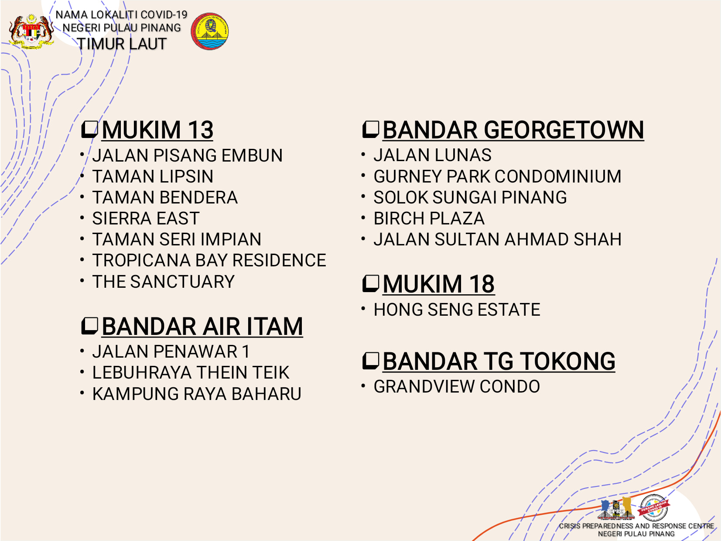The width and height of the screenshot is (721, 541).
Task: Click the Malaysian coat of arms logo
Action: (x=31, y=31)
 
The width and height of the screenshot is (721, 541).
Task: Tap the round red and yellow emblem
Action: (x=209, y=31)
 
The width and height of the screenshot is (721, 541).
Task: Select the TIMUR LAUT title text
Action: (x=122, y=44)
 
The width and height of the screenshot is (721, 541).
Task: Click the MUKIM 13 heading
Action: (x=157, y=130)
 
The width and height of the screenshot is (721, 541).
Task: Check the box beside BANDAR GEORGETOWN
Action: (x=370, y=130)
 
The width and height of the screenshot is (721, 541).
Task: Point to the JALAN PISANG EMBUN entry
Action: (x=187, y=155)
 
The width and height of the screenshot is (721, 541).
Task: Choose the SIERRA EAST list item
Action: (x=146, y=218)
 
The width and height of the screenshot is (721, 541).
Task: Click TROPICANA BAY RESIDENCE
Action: (x=209, y=260)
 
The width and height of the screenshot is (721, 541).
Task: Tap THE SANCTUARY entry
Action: (x=164, y=282)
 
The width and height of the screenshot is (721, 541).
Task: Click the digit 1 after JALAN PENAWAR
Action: (x=246, y=351)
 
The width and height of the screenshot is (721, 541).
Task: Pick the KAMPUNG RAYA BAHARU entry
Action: (x=197, y=394)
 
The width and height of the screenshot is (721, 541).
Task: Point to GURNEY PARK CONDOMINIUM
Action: (x=497, y=176)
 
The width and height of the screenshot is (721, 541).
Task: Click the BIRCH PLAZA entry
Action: (x=429, y=218)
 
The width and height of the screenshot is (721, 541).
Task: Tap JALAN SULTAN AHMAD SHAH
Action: (x=497, y=239)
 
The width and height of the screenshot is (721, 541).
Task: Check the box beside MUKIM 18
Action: (x=370, y=284)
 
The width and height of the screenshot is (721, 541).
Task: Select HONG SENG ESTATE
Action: (x=457, y=310)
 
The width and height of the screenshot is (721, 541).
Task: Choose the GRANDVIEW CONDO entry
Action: (x=457, y=386)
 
